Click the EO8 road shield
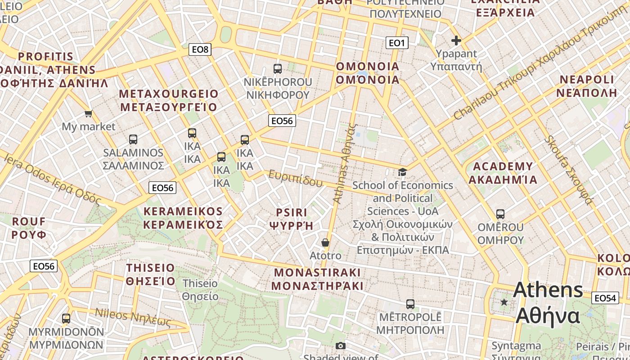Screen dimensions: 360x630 point(200,49)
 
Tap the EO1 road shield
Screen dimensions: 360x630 point(397,43)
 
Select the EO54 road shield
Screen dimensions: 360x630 point(605,298)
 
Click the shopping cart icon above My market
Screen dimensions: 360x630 point(89,114)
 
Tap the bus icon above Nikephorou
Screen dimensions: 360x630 point(278,69)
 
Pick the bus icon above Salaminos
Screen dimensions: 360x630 point(133,139)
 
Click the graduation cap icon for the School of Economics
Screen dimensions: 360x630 point(402,172)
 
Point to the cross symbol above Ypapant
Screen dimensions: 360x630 point(456,40)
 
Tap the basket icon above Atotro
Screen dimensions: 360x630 point(325,243)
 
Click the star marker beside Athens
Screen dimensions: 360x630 point(504,302)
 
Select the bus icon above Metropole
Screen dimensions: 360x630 point(410,304)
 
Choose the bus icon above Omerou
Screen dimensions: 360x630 point(500,214)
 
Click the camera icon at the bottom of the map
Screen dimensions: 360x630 point(341,346)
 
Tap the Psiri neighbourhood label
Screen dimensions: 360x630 point(292,219)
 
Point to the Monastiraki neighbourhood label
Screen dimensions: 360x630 point(317,279)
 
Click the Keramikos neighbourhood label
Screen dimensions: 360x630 point(183,218)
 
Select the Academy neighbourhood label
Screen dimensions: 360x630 point(503,173)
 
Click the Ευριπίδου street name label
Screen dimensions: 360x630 point(296,179)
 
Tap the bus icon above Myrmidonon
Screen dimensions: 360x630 point(66,319)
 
